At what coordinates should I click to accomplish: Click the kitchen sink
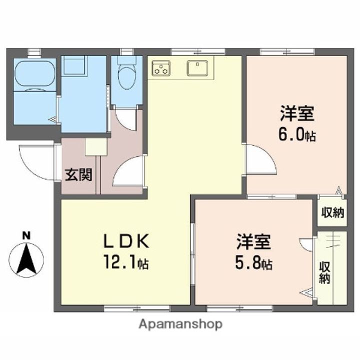[198, 66]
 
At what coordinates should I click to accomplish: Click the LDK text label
[125, 241]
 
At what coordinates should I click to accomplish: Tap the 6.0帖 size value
[297, 135]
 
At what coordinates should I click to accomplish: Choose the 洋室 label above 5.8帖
[253, 242]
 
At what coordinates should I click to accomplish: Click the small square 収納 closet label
[331, 212]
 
